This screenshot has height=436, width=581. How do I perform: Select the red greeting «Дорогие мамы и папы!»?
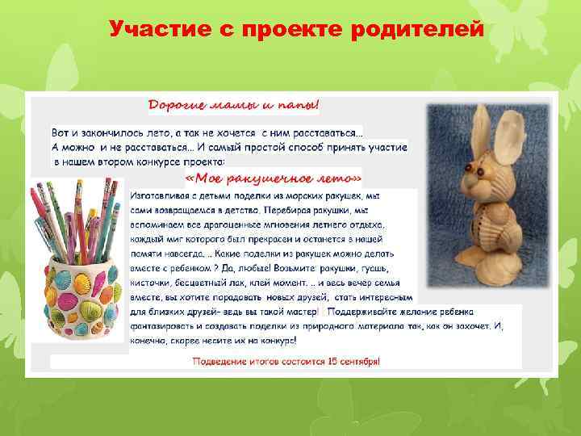coord(233,105)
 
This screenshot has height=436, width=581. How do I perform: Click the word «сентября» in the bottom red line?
coord(359,362)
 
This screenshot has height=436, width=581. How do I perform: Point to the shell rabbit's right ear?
coord(511,129)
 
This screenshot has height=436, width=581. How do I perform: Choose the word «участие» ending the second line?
coord(385,148)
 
